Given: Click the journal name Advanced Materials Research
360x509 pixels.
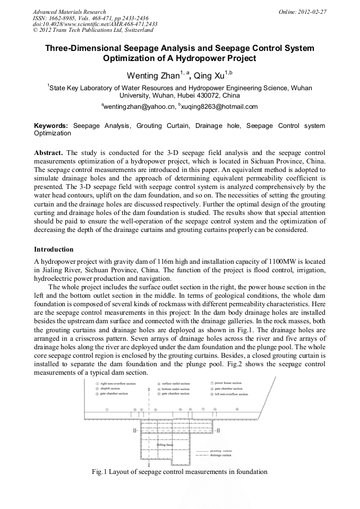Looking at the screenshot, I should tap(69, 12).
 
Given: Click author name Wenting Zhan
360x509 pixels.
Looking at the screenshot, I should tap(152, 75).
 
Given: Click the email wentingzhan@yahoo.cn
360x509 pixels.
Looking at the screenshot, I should tap(139, 107).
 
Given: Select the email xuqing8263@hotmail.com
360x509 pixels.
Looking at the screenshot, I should tap(220, 107).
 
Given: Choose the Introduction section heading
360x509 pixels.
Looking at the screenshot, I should tap(54, 249).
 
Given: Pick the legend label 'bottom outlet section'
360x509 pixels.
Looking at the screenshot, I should tap(176, 389).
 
